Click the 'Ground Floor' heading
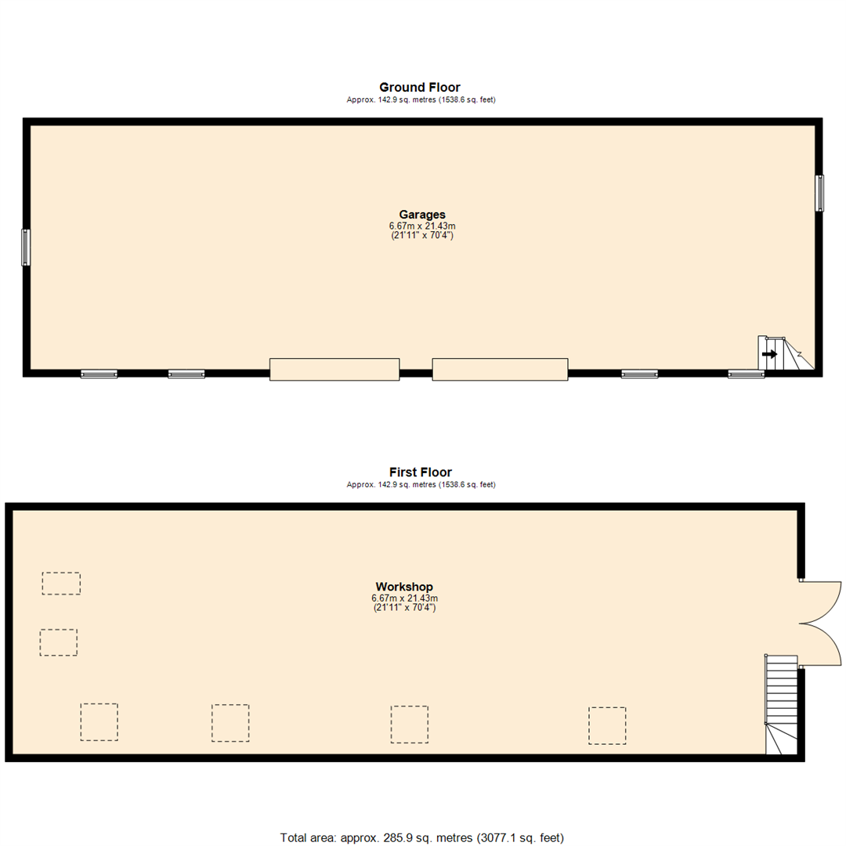[x=420, y=87]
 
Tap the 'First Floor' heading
[x=420, y=472]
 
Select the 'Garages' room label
[x=422, y=214]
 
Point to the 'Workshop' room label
[x=404, y=586]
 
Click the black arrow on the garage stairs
[x=769, y=354]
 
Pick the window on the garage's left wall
[x=26, y=247]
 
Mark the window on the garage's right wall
[x=819, y=193]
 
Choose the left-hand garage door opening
[x=334, y=369]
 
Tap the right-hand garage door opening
[x=500, y=369]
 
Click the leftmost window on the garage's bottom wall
[x=99, y=374]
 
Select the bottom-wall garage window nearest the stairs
[x=746, y=374]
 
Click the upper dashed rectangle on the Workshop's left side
[x=61, y=584]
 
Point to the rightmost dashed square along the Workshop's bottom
[x=607, y=725]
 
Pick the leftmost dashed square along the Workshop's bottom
[x=99, y=721]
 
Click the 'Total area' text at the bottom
[x=422, y=837]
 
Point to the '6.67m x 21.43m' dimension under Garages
[x=422, y=226]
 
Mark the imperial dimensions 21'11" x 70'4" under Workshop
[x=404, y=607]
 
